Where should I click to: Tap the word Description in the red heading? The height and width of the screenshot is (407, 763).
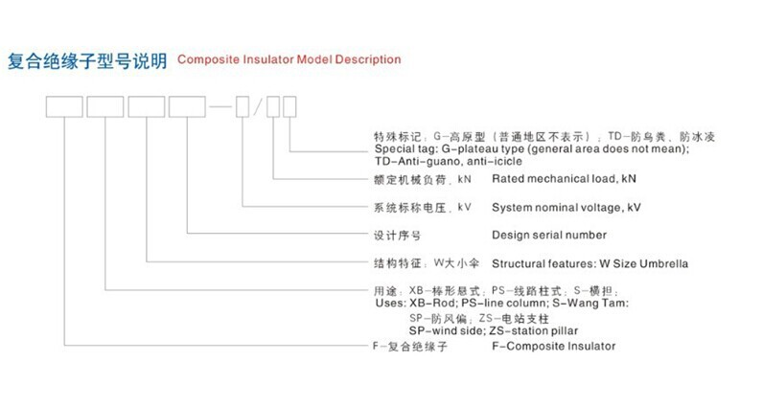click(x=365, y=59)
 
